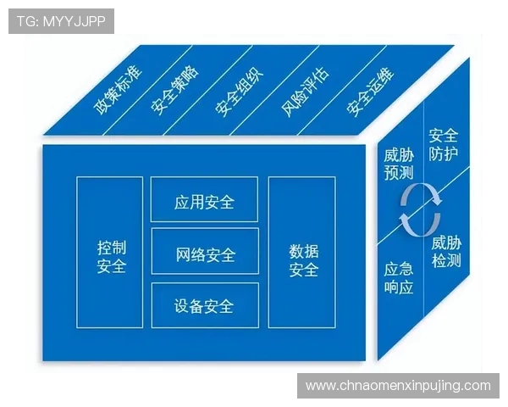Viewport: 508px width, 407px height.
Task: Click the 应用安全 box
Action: click(x=204, y=202)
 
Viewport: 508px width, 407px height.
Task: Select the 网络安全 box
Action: click(x=205, y=253)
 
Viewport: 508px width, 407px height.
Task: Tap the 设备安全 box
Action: click(x=204, y=305)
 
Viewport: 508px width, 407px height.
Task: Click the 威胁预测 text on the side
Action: click(x=398, y=164)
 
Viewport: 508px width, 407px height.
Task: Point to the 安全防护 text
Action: click(x=444, y=144)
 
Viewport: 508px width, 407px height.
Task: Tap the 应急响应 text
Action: click(x=398, y=279)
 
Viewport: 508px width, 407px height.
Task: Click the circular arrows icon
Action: click(x=420, y=210)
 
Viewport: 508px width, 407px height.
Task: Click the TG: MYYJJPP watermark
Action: click(x=61, y=21)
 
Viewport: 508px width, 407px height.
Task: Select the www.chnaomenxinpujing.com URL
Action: click(x=397, y=386)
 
